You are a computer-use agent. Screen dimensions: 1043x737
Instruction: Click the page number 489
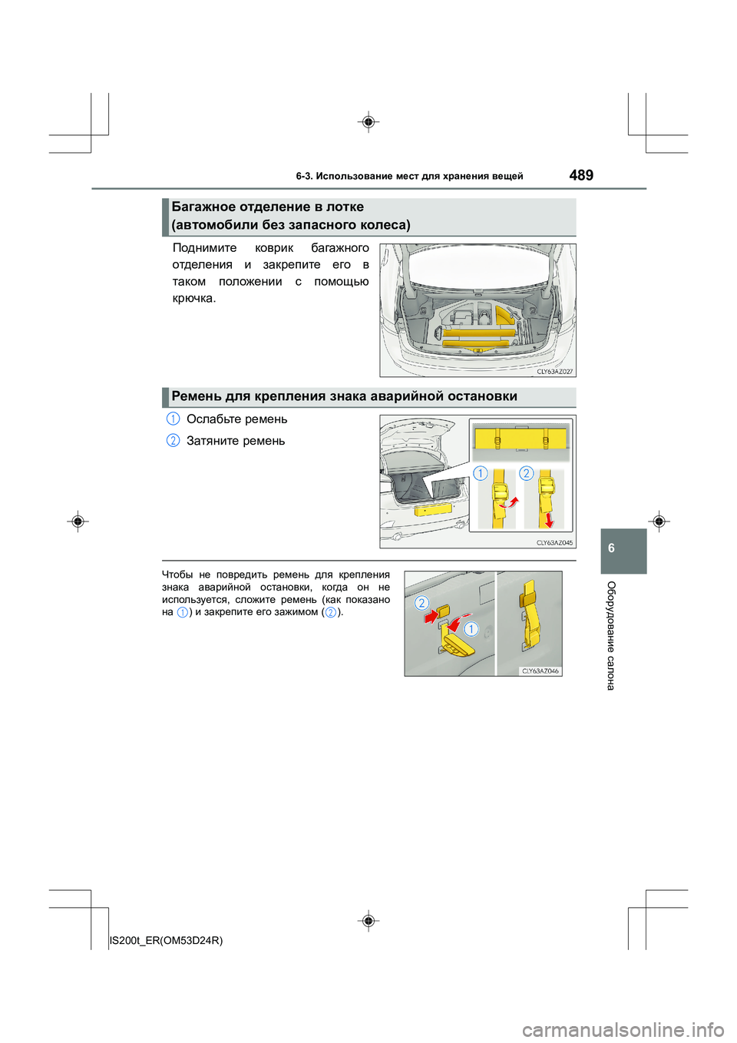pos(581,175)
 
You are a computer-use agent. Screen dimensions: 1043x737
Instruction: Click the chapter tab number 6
pos(611,548)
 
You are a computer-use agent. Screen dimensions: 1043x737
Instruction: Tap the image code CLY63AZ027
pos(554,372)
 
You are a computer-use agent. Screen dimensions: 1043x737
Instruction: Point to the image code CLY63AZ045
pos(554,543)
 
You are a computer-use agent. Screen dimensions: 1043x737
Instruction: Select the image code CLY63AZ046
pos(540,671)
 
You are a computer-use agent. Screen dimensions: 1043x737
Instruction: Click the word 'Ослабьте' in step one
pos(214,419)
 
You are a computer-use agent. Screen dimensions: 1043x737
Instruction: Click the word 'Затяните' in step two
pos(214,441)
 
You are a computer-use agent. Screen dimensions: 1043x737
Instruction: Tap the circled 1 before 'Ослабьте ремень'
pos(174,419)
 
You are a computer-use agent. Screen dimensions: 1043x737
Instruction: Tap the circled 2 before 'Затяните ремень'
pos(174,440)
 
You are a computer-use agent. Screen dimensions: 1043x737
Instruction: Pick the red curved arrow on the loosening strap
pos(509,504)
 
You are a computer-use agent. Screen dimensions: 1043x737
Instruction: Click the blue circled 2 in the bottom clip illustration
pos(421,603)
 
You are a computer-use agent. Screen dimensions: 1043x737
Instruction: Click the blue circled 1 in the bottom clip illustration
pos(471,629)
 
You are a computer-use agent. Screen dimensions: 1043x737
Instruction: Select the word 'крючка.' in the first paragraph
pos(194,299)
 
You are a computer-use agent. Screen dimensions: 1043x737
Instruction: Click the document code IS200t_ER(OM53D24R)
pos(167,941)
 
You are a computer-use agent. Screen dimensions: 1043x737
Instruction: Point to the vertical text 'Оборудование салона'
pos(611,635)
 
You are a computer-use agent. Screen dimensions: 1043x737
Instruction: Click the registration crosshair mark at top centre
pos(368,122)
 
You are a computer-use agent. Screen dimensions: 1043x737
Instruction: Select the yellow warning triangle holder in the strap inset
pos(521,439)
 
